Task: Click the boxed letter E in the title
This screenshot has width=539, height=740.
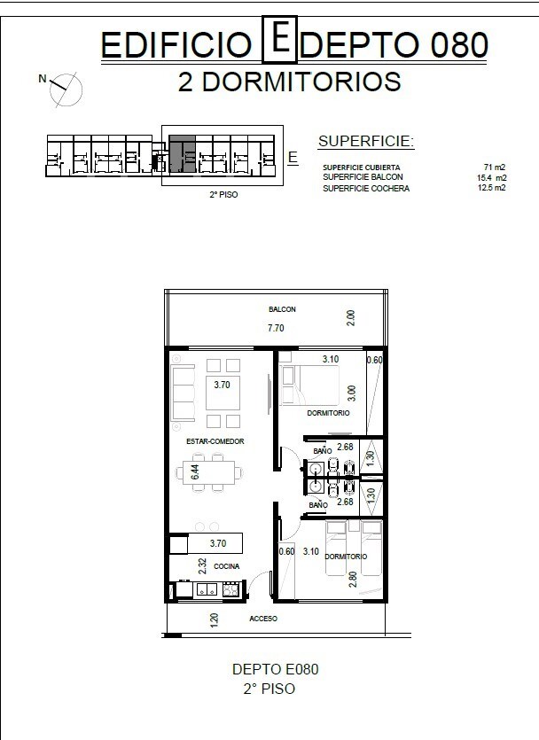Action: [279, 40]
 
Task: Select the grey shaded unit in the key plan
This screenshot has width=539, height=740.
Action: [183, 154]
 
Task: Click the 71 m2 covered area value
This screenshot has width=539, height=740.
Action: [494, 167]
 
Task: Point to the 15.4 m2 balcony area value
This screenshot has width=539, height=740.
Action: [492, 177]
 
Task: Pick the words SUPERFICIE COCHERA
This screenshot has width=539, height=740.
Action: [366, 188]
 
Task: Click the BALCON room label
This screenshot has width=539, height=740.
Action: [282, 309]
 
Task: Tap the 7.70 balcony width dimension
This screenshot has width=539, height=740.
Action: [276, 328]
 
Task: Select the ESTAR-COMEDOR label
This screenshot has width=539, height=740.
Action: [215, 441]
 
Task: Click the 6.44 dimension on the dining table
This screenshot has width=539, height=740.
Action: [195, 472]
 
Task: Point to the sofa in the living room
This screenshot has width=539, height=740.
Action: [184, 393]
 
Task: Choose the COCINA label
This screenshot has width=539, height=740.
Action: [227, 565]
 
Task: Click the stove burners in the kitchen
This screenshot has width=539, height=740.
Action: [230, 589]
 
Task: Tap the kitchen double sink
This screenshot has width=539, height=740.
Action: [207, 589]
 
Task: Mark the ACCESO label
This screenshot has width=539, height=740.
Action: [263, 619]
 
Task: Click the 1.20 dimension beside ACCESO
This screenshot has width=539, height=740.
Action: [214, 620]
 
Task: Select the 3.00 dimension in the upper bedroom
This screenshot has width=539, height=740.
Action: [352, 393]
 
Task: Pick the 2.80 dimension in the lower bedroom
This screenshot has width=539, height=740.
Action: [353, 579]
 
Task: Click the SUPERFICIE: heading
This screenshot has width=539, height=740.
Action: [366, 141]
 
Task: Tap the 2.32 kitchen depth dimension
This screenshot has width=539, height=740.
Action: [202, 566]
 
